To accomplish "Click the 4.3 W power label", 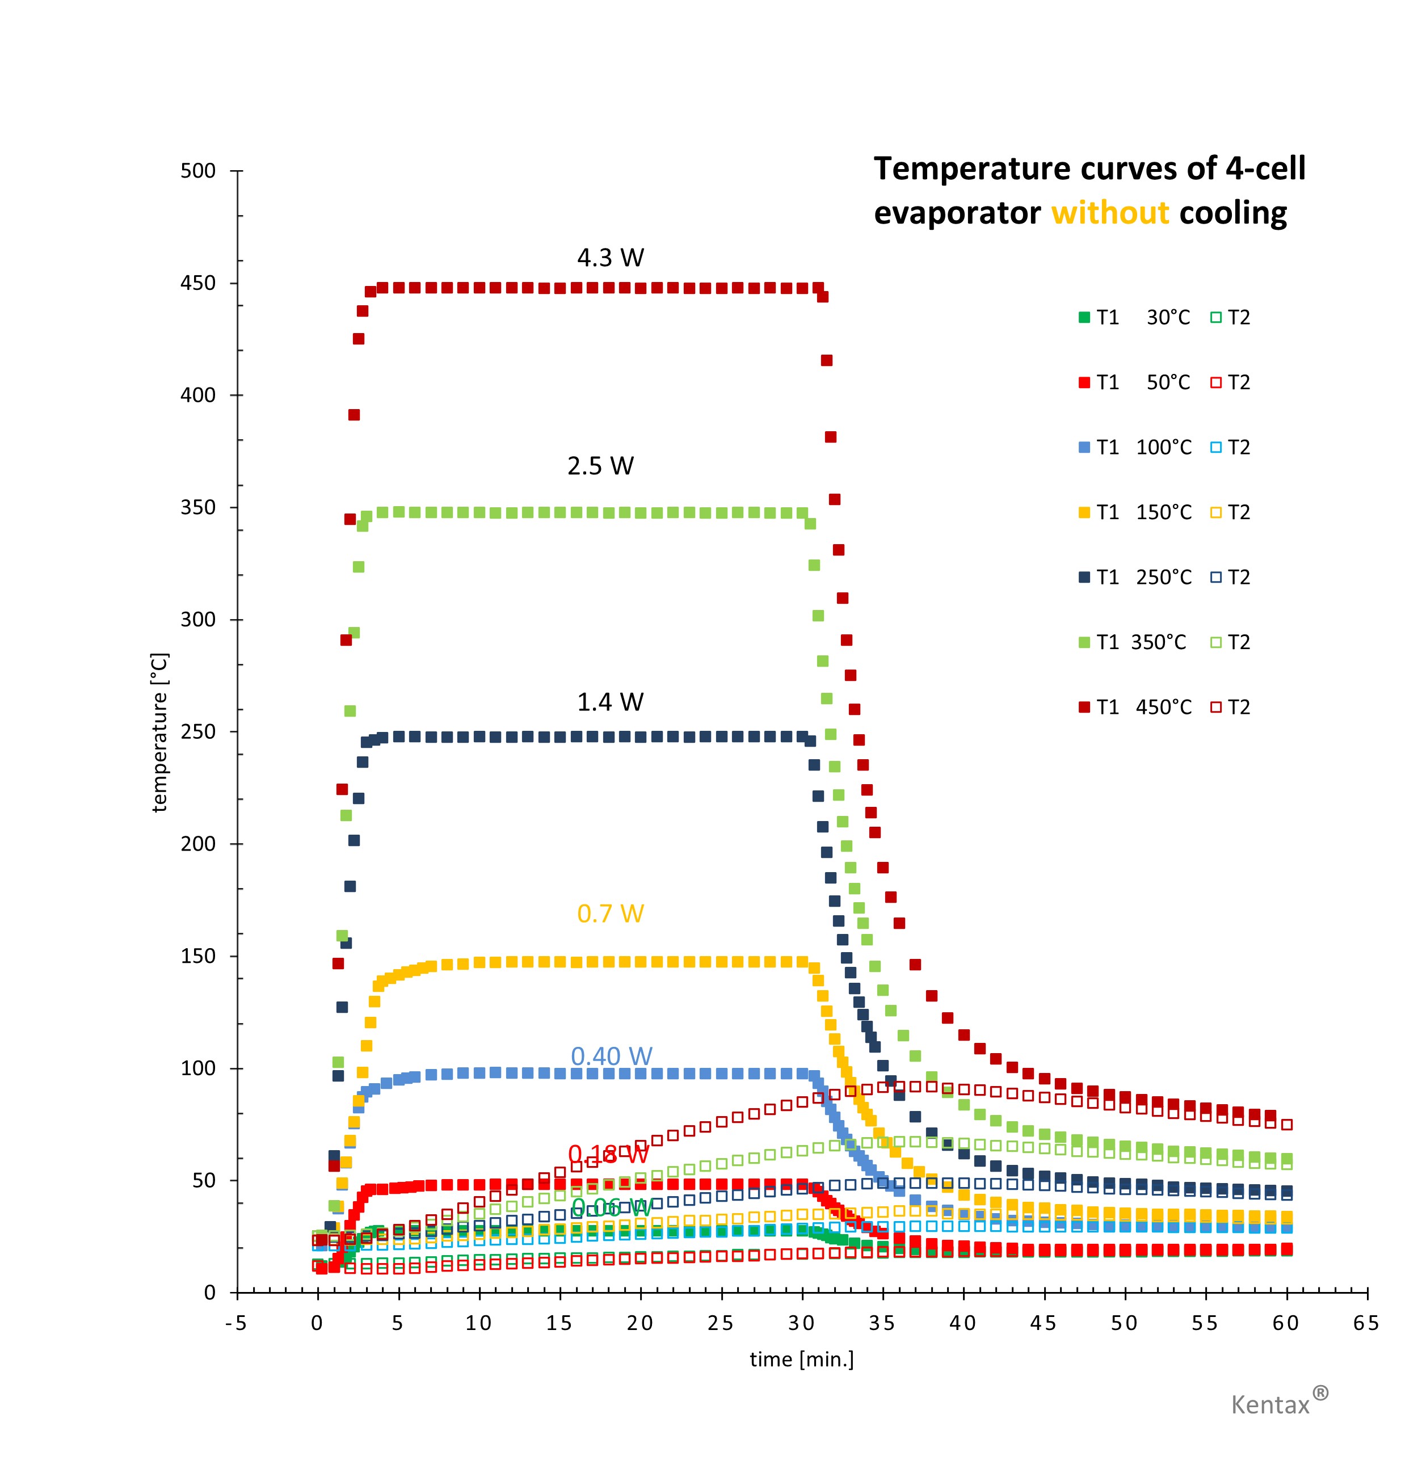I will (x=610, y=258).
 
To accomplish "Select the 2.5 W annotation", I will (x=600, y=466).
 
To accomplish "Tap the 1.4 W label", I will (x=610, y=702).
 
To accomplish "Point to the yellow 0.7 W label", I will (x=610, y=914).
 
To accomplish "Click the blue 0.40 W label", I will (x=612, y=1057).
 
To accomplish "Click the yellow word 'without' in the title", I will (x=1110, y=213).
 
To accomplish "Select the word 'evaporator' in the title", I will (x=957, y=213).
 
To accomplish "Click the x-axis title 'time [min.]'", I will (x=801, y=1359).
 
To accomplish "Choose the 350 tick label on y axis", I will (x=198, y=508).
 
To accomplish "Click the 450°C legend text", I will (x=1163, y=707).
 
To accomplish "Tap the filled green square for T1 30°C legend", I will (x=1084, y=317).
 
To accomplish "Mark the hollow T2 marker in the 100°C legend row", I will (x=1215, y=447).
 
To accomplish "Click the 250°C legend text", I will (x=1163, y=577).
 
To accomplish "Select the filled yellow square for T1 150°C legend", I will (x=1084, y=512).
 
